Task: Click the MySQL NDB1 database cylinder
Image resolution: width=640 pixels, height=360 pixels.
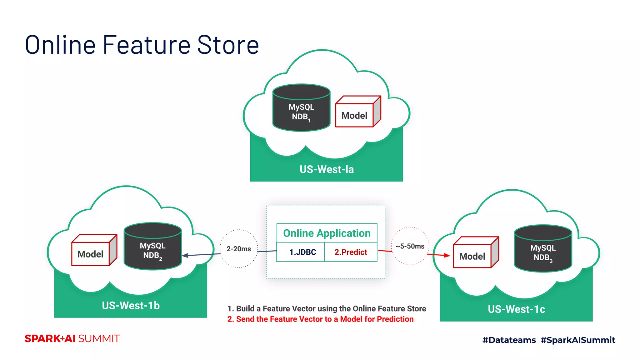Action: pyautogui.click(x=301, y=108)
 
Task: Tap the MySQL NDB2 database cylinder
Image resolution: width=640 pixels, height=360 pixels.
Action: pyautogui.click(x=152, y=247)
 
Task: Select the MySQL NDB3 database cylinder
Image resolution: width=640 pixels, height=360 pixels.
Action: pyautogui.click(x=543, y=249)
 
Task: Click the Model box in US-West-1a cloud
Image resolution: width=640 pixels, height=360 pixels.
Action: pyautogui.click(x=355, y=115)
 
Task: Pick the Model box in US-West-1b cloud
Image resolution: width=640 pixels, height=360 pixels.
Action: pyautogui.click(x=91, y=254)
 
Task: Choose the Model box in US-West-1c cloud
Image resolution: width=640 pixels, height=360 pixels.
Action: pyautogui.click(x=472, y=256)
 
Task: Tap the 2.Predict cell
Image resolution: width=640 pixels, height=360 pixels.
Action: pyautogui.click(x=351, y=252)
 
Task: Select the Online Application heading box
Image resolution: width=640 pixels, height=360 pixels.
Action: pyautogui.click(x=327, y=233)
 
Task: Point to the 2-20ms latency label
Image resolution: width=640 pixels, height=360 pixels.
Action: pyautogui.click(x=239, y=249)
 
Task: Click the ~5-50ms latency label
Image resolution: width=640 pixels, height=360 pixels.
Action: pyautogui.click(x=410, y=246)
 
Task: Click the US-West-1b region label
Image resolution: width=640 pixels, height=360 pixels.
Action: pyautogui.click(x=131, y=305)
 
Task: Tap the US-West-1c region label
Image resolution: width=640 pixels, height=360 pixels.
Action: pyautogui.click(x=516, y=309)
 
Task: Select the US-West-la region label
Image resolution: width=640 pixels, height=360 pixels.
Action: pyautogui.click(x=327, y=169)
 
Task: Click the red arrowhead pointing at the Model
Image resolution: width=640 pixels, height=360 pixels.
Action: pyautogui.click(x=447, y=255)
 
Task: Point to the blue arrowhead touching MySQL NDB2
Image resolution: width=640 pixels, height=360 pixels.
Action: pyautogui.click(x=185, y=255)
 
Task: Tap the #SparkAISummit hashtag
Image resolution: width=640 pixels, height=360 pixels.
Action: pyautogui.click(x=578, y=340)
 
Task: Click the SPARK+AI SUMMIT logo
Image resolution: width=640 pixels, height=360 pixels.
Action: pyautogui.click(x=72, y=338)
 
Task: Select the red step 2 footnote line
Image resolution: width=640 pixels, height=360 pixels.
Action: pyautogui.click(x=320, y=319)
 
